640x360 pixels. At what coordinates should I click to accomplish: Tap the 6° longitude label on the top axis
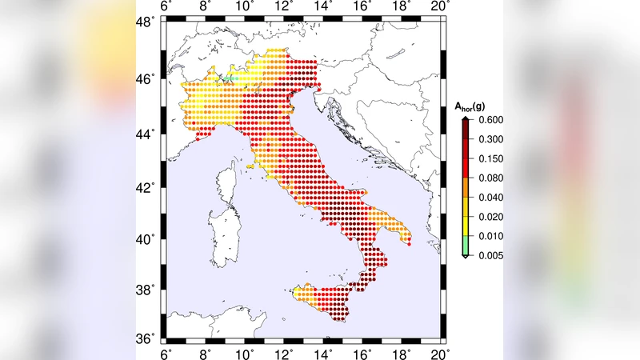coord(167,7)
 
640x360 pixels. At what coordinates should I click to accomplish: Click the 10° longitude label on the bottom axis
coord(246,352)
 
